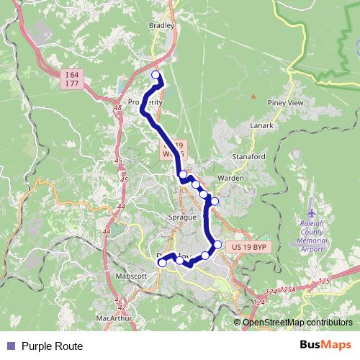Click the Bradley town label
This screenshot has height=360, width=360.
click(x=161, y=25)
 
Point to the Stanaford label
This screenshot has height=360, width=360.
click(x=249, y=156)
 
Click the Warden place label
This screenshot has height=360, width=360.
click(x=230, y=176)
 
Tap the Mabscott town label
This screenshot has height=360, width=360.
click(x=131, y=275)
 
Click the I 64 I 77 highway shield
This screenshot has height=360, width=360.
click(x=71, y=78)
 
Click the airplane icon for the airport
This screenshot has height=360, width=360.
click(x=311, y=214)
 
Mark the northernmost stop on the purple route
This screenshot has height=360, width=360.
click(x=156, y=75)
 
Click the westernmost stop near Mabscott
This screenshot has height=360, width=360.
click(x=162, y=263)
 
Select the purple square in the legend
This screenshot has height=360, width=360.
click(x=10, y=346)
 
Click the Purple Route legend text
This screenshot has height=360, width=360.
click(x=52, y=346)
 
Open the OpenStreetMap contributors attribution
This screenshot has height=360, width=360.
click(x=297, y=323)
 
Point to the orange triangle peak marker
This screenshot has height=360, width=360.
click(x=253, y=96)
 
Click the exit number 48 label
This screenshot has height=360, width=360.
click(x=117, y=107)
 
